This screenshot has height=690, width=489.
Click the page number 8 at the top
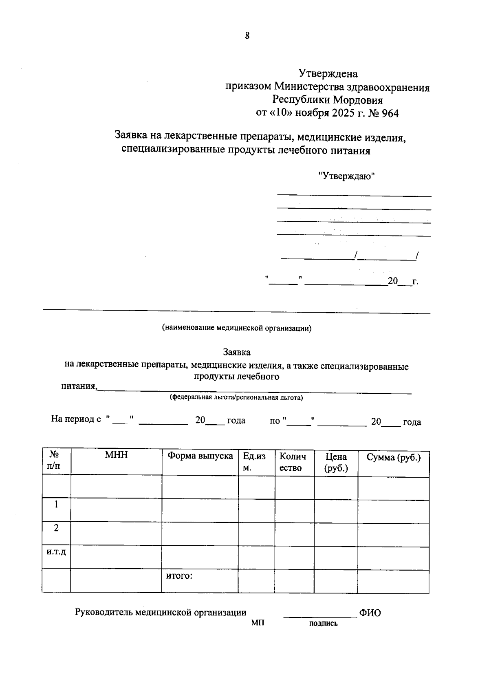(x=247, y=36)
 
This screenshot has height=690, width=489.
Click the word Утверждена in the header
(x=328, y=74)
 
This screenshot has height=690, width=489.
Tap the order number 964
(x=390, y=113)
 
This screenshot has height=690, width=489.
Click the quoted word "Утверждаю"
(x=346, y=176)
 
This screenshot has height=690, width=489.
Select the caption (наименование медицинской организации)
(x=236, y=328)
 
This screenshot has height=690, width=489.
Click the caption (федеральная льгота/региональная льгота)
(x=236, y=397)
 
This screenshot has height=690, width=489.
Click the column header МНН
(x=116, y=455)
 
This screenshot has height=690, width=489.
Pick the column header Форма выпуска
(x=200, y=456)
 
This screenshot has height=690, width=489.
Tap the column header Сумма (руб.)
(x=393, y=457)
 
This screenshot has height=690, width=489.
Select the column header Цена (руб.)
(x=336, y=462)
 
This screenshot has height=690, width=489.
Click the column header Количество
(x=293, y=462)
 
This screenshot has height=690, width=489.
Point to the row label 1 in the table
(x=56, y=505)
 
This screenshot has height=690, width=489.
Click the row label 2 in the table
(x=56, y=528)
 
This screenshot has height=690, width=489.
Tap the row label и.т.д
(x=56, y=552)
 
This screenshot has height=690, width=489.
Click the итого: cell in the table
(x=179, y=576)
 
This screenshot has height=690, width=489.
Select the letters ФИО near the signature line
(x=370, y=613)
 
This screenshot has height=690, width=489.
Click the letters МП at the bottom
(x=258, y=623)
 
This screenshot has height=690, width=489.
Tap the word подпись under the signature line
(x=323, y=623)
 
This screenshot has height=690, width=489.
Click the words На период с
(x=76, y=419)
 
